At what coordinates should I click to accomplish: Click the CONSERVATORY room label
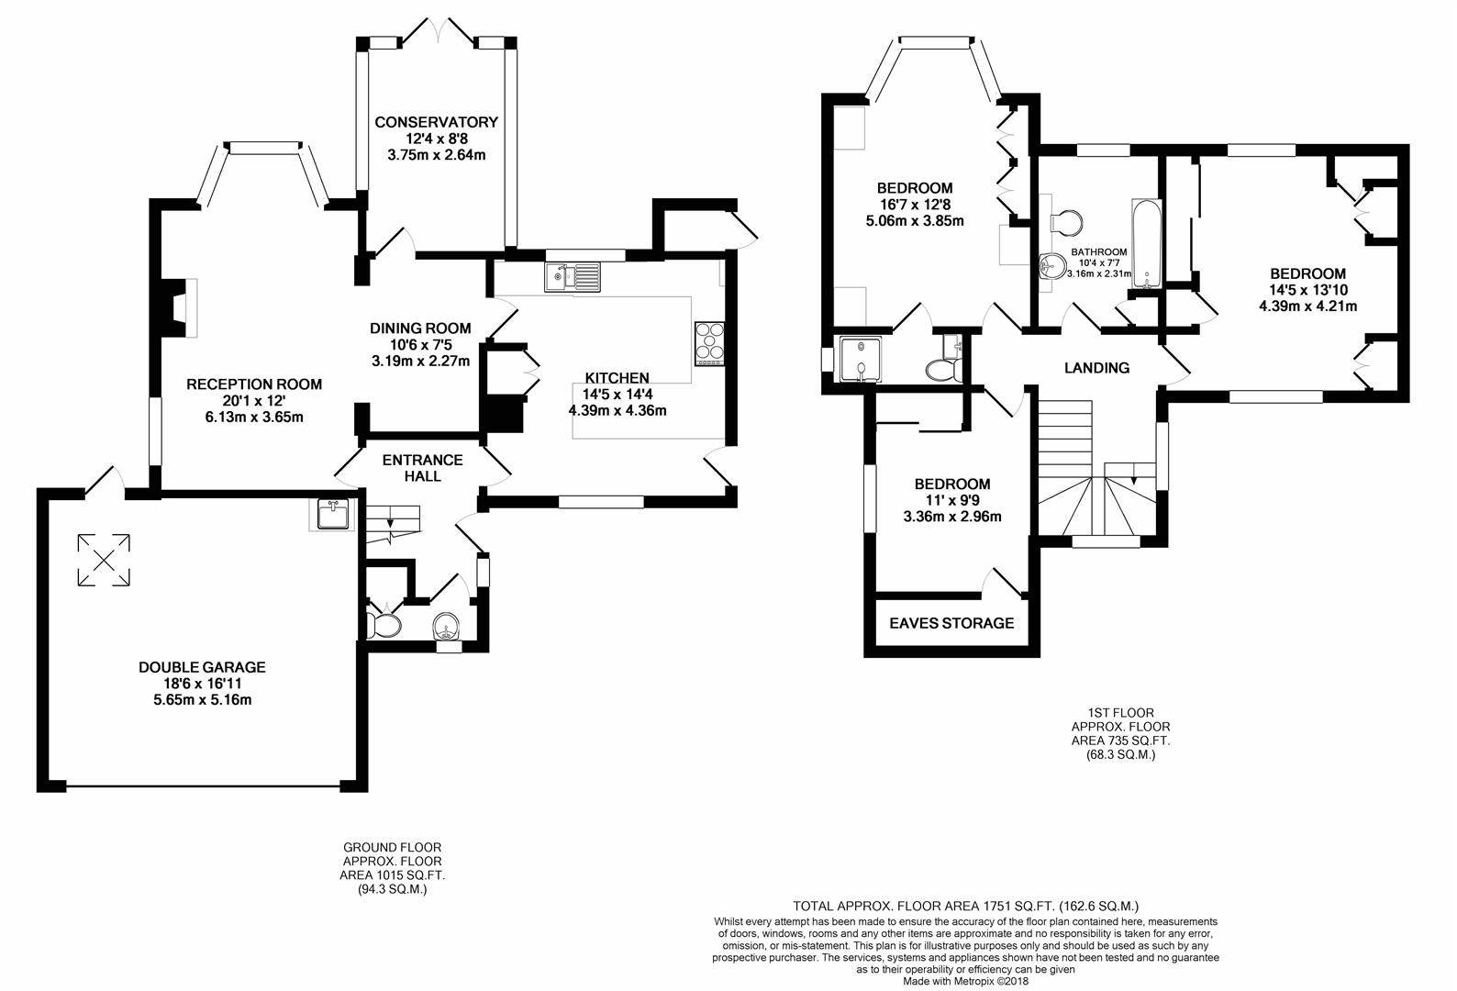436,122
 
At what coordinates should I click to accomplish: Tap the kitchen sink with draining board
573,277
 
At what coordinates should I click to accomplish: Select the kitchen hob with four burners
709,343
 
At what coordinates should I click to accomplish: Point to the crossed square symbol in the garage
104,561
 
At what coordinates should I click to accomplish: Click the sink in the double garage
332,514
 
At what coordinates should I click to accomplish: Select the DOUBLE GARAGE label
202,667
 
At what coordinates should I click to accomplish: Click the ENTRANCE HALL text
422,468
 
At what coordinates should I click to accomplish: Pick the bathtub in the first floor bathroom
1146,243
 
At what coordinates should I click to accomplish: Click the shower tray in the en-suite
861,359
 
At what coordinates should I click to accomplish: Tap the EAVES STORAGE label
951,623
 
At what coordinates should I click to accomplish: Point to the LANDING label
1096,368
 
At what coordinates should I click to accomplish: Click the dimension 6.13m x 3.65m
254,418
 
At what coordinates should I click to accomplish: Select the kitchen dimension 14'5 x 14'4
617,395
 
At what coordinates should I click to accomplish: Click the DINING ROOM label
420,328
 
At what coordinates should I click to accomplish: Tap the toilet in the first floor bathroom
1067,221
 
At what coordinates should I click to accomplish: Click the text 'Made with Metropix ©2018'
965,981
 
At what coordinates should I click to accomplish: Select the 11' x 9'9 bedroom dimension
952,500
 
